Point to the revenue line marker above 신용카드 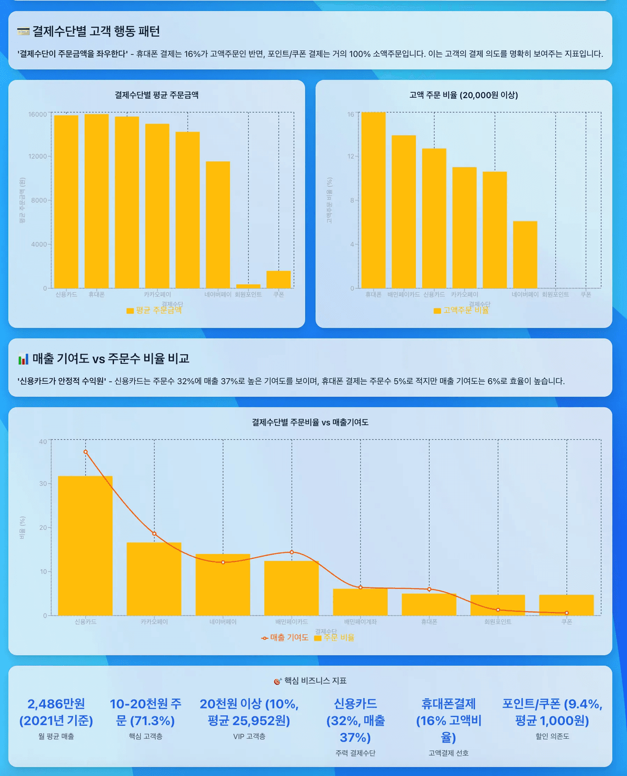(86, 452)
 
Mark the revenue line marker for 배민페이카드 (292, 552)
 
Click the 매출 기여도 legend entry (285, 638)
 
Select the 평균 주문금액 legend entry (154, 310)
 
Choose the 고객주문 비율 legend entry (461, 310)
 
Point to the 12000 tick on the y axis (38, 156)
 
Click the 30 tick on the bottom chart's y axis (43, 484)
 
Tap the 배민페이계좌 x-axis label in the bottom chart (361, 622)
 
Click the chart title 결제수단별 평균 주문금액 (157, 95)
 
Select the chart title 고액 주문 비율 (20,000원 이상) (463, 95)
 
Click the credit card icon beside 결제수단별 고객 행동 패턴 (23, 32)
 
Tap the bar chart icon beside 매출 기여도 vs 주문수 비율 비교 (23, 359)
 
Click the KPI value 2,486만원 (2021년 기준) (56, 712)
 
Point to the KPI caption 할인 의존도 (552, 736)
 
